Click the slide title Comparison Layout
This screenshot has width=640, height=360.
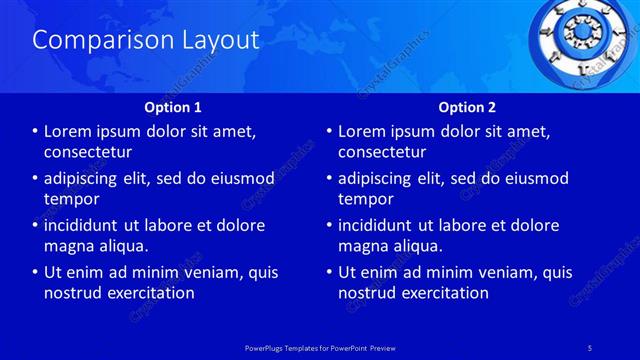(146, 40)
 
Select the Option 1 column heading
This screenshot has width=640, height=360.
(173, 107)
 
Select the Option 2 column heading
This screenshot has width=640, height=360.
(467, 107)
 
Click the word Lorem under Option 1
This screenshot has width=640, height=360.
(69, 131)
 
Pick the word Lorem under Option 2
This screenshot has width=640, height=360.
(363, 131)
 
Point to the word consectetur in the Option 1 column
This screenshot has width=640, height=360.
(88, 152)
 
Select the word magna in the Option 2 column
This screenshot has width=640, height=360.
(362, 246)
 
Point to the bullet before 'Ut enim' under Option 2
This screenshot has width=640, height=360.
(330, 272)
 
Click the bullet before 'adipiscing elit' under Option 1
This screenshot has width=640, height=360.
(36, 178)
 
